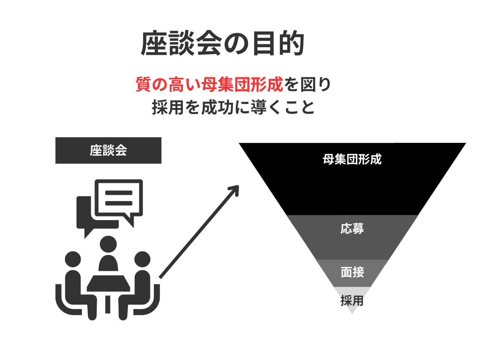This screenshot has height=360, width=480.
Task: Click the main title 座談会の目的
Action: [x=223, y=43]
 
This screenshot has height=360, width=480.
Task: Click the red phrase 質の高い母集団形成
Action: [x=209, y=84]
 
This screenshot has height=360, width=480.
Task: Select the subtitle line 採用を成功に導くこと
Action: [x=233, y=107]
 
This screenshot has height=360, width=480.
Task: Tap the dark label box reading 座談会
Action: [x=108, y=150]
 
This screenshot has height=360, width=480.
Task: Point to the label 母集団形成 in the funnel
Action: [x=352, y=159]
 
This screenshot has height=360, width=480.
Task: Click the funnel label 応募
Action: [x=352, y=229]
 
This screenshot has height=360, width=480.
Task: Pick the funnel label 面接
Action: [x=352, y=272]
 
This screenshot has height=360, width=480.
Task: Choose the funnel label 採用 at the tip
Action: [x=352, y=300]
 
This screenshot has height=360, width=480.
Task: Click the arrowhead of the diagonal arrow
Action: [x=235, y=189]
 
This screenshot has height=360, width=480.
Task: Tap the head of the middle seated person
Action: [x=108, y=244]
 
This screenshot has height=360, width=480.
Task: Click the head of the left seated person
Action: [x=73, y=259]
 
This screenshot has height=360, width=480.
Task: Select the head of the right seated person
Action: [x=142, y=259]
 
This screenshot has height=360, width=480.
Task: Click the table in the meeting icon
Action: [x=108, y=283]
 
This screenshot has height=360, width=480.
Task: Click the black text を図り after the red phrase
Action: [x=307, y=84]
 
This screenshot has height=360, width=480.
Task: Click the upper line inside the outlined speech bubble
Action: [x=119, y=193]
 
